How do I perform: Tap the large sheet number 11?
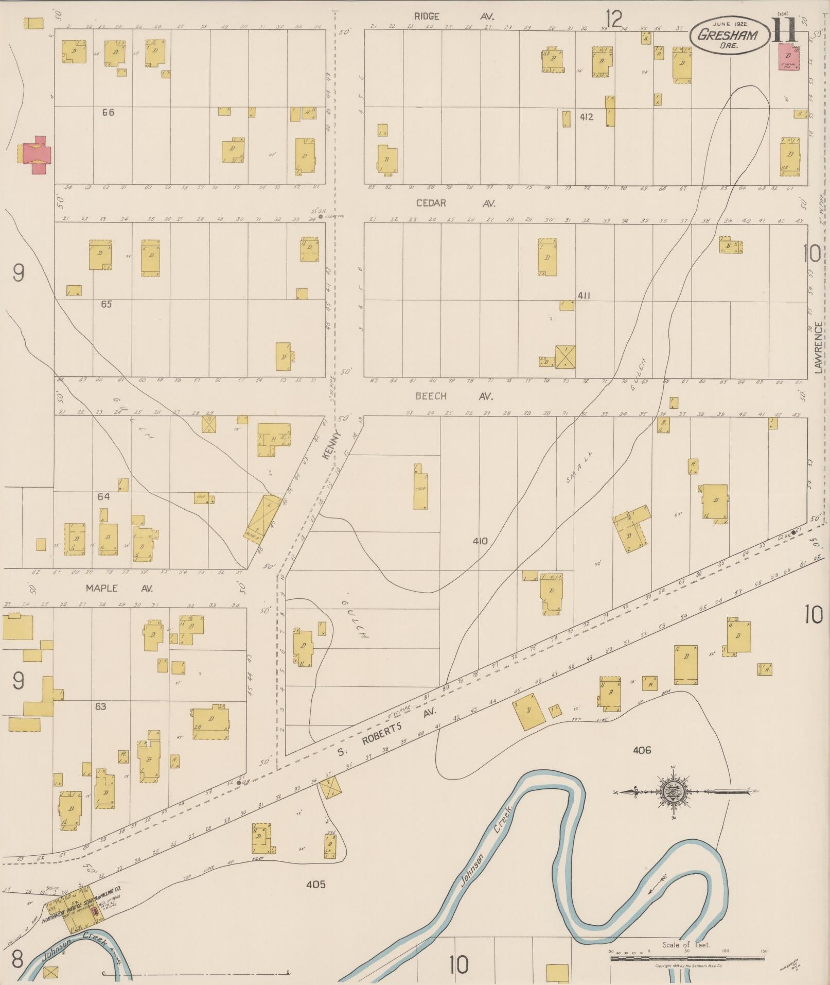point(784,29)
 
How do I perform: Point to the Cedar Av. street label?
point(455,203)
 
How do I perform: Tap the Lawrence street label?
point(818,347)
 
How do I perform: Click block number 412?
point(586,117)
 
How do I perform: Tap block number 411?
point(583,296)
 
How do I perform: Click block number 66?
point(108,112)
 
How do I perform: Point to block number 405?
point(315,885)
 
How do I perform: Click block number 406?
point(642,750)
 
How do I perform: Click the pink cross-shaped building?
point(35,155)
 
